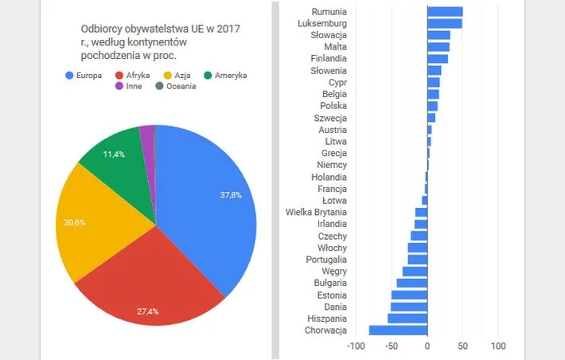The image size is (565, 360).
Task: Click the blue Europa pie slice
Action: tap(215, 207)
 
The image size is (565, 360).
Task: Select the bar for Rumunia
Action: tap(445, 11)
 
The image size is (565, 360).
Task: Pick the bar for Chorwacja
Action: tap(398, 331)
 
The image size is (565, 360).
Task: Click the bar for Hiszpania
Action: tap(407, 319)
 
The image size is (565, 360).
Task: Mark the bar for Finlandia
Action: tap(438, 59)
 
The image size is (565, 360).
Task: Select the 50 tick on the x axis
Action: tap(462, 346)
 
